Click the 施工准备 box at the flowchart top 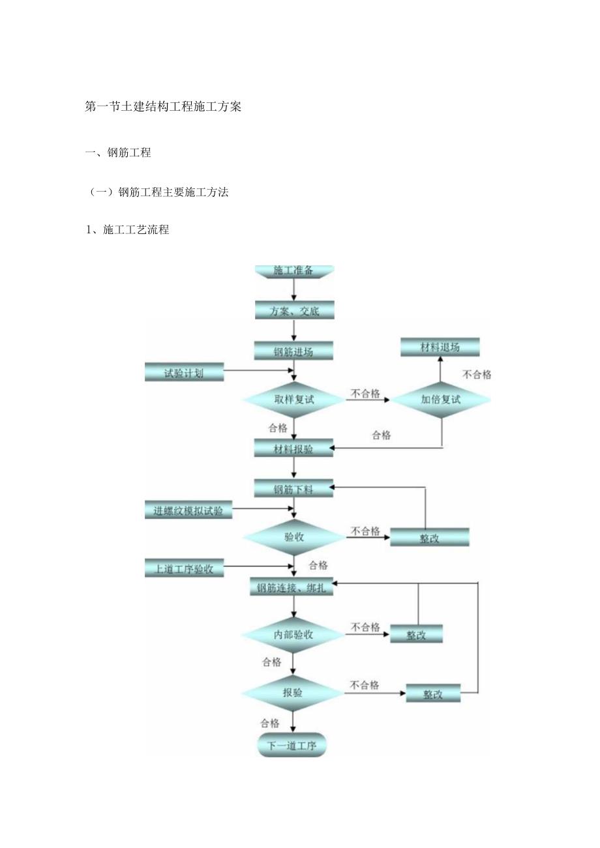pyautogui.click(x=293, y=270)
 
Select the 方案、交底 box pyautogui.click(x=294, y=311)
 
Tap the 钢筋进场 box pyautogui.click(x=293, y=351)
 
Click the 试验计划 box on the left pyautogui.click(x=184, y=373)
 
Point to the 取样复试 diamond pyautogui.click(x=294, y=400)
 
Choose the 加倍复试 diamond pyautogui.click(x=441, y=400)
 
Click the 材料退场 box pyautogui.click(x=440, y=347)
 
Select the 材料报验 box pyautogui.click(x=293, y=448)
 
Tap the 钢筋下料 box pyautogui.click(x=293, y=489)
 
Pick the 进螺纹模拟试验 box pyautogui.click(x=188, y=511)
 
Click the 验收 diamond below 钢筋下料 pyautogui.click(x=294, y=537)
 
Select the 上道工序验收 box pyautogui.click(x=184, y=568)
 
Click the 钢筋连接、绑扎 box pyautogui.click(x=292, y=588)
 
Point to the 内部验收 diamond pyautogui.click(x=293, y=634)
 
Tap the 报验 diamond pyautogui.click(x=293, y=693)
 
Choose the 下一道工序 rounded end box pyautogui.click(x=292, y=746)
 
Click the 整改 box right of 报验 pyautogui.click(x=433, y=694)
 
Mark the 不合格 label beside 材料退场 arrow pyautogui.click(x=477, y=374)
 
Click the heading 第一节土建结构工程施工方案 pyautogui.click(x=163, y=107)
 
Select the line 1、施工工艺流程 pyautogui.click(x=128, y=229)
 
